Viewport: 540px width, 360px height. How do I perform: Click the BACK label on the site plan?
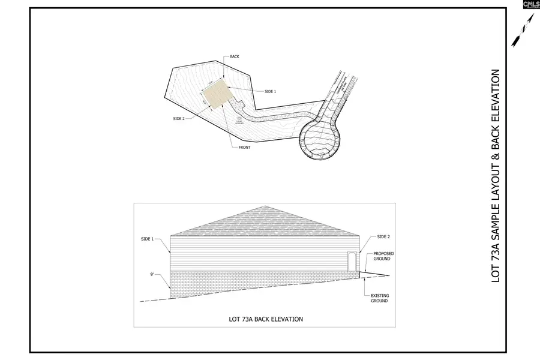(235, 57)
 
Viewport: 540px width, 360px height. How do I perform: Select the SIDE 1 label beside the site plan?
(270, 91)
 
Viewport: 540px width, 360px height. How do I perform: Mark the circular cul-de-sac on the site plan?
(319, 139)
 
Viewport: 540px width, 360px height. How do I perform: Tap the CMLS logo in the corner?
(530, 5)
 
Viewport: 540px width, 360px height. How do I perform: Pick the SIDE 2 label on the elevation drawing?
(383, 238)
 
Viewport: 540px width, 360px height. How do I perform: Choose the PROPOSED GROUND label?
(384, 257)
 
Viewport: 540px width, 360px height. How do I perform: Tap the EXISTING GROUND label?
(379, 298)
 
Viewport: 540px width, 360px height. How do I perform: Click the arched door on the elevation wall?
(352, 262)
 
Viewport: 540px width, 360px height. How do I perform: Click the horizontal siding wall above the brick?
(258, 252)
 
